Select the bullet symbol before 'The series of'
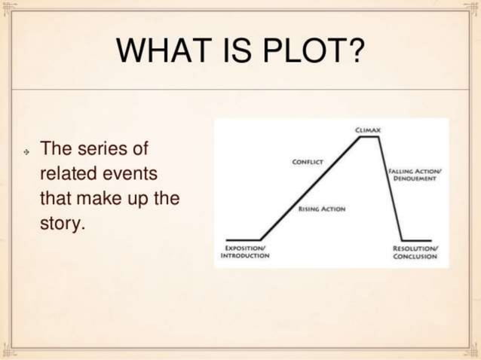tap(26, 151)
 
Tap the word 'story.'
tap(60, 224)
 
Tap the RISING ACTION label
tap(322, 209)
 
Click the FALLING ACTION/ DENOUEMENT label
tap(415, 175)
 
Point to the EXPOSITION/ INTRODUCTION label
tap(245, 252)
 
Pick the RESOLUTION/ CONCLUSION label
tap(415, 252)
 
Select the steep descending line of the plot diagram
tap(389, 188)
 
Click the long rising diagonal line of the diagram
tap(309, 188)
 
